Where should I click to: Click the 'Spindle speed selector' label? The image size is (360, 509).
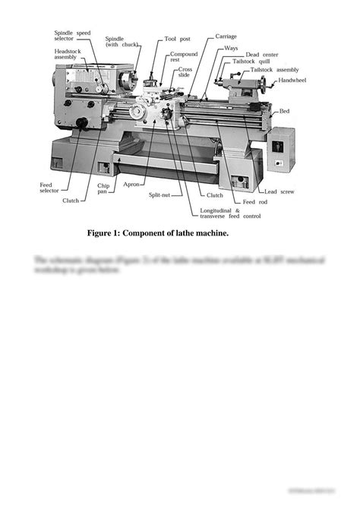tap(72, 36)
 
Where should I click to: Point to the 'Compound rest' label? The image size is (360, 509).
tap(184, 57)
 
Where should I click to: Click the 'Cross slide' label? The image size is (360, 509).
tap(184, 72)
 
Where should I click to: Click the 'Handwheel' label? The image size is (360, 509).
tap(292, 79)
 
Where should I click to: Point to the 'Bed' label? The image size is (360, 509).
tap(284, 111)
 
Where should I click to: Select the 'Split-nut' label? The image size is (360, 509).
tap(159, 195)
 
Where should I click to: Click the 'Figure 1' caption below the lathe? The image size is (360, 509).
tap(157, 233)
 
